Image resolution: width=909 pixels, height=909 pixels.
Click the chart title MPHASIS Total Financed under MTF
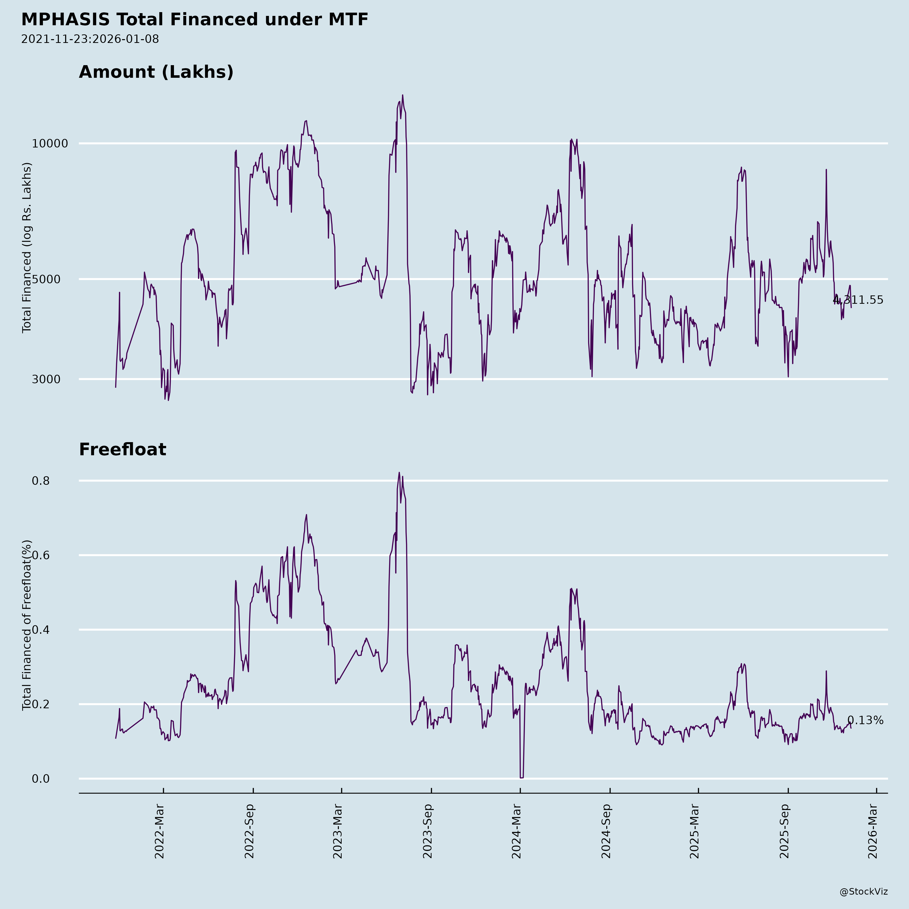point(194,20)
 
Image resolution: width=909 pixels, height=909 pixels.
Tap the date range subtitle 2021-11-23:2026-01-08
point(90,39)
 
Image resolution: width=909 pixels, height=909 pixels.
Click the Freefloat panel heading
point(122,449)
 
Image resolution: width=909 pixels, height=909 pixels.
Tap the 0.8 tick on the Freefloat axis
point(40,481)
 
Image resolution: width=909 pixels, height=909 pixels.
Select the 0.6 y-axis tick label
point(40,555)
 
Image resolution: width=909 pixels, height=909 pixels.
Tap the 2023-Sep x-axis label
point(427,831)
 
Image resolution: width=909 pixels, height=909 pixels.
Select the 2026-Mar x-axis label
point(873,831)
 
